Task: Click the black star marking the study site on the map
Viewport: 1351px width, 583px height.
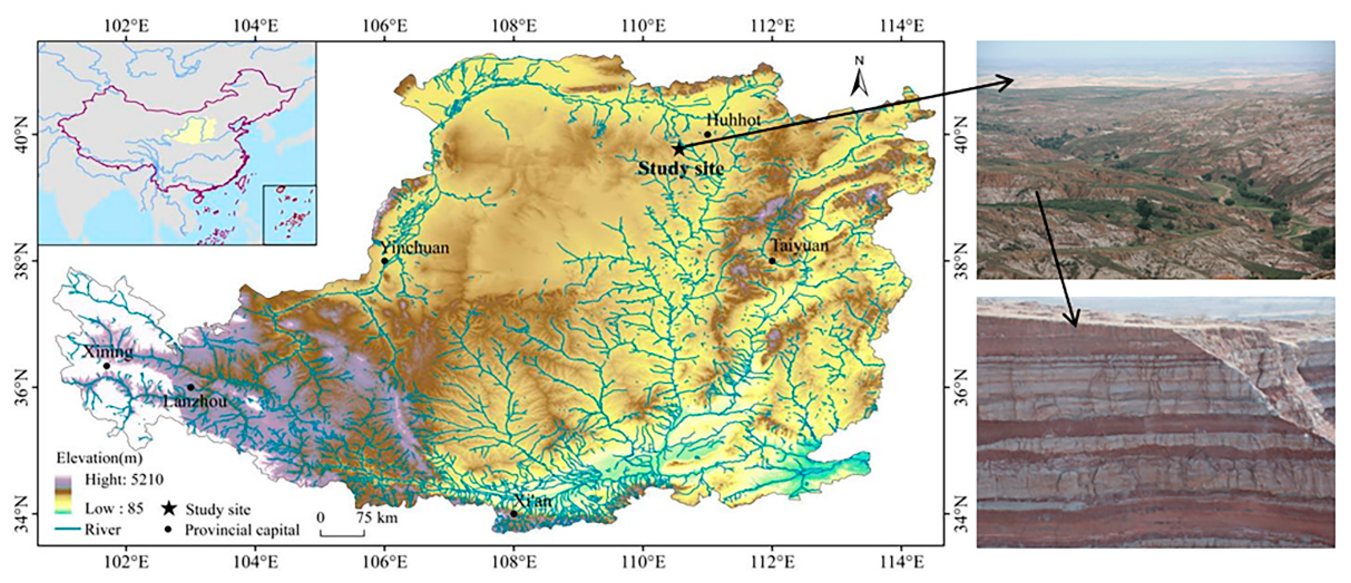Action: (679, 148)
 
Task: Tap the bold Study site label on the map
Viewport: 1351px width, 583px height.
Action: (681, 169)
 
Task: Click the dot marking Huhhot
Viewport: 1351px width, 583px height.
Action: (708, 134)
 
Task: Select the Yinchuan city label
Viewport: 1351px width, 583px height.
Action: (415, 248)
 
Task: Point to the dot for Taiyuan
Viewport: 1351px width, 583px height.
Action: (772, 261)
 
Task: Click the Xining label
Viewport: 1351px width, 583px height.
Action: (107, 352)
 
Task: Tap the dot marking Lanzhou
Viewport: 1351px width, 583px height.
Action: (191, 387)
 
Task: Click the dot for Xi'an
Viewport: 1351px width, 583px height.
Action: (514, 514)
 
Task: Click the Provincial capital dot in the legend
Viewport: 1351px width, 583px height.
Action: (168, 529)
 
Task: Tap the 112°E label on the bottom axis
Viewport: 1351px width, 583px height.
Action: (772, 563)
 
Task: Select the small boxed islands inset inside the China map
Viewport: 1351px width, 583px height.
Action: (289, 214)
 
